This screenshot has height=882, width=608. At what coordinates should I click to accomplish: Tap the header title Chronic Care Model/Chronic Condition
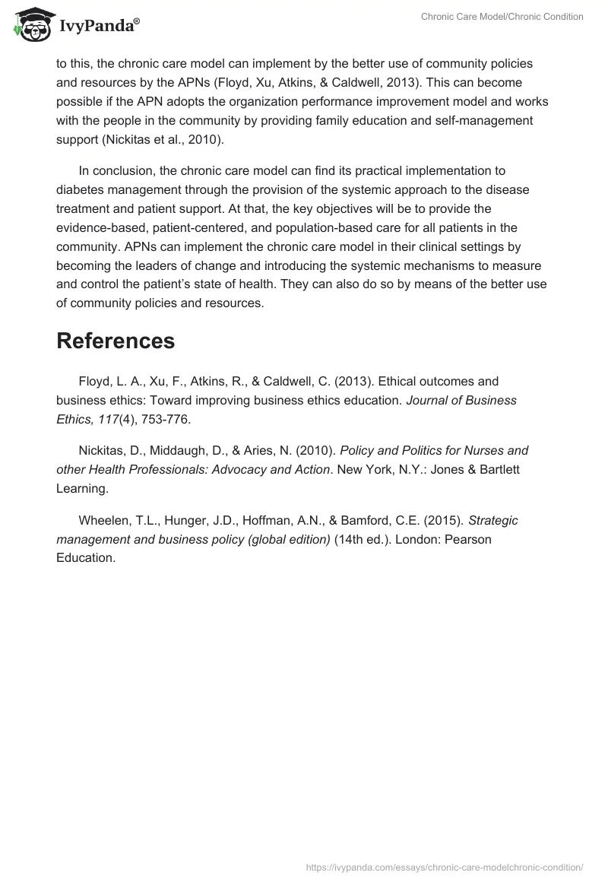click(502, 17)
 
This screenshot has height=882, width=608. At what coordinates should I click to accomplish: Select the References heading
click(116, 341)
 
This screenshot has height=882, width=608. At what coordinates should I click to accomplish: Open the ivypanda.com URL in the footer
click(444, 866)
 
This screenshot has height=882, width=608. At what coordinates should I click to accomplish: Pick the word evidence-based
click(97, 227)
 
